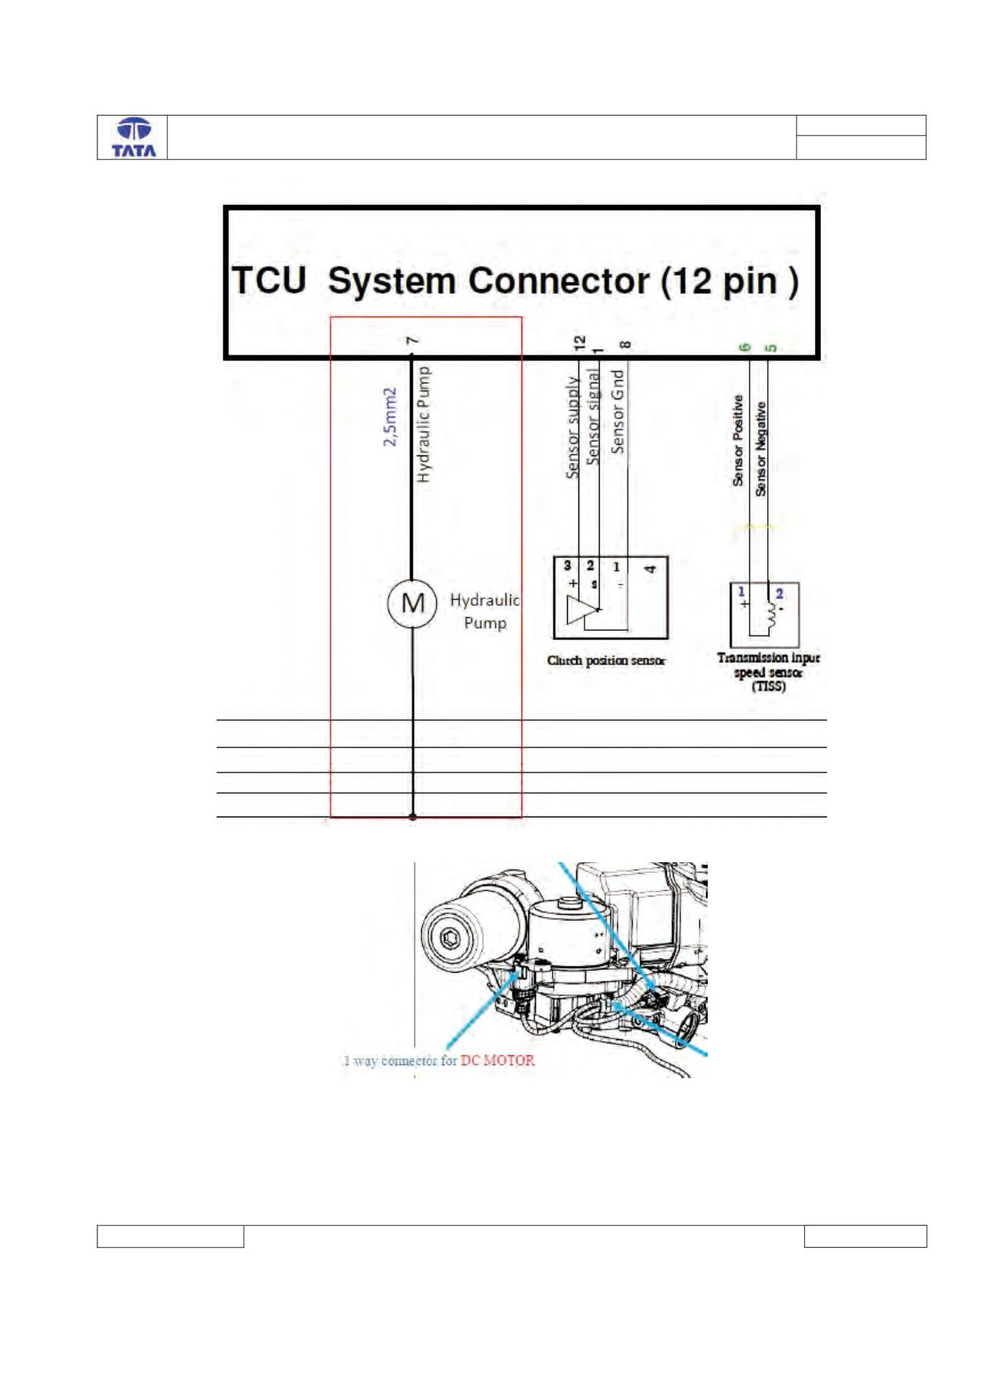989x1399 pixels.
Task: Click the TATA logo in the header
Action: coord(134,138)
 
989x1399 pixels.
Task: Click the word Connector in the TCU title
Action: coord(558,281)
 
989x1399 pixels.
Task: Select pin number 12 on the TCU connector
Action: coord(580,343)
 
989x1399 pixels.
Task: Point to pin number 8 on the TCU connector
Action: coord(625,344)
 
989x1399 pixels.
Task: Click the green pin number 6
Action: coord(747,347)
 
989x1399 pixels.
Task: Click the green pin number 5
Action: coord(770,348)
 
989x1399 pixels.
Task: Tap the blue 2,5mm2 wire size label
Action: coord(390,417)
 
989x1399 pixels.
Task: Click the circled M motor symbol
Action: coord(412,604)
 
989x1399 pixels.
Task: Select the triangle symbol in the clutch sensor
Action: coord(583,611)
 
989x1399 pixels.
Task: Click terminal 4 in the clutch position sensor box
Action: coord(650,568)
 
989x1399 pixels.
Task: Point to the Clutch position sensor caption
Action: coord(606,661)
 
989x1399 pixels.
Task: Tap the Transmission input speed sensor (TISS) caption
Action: coord(769,672)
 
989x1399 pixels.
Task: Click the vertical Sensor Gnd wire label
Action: coord(618,411)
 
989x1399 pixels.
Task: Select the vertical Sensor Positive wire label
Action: coord(738,440)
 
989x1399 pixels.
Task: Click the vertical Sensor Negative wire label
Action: coord(761,449)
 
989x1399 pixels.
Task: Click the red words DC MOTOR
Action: coord(498,1060)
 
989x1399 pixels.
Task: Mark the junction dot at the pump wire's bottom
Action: coord(413,817)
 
